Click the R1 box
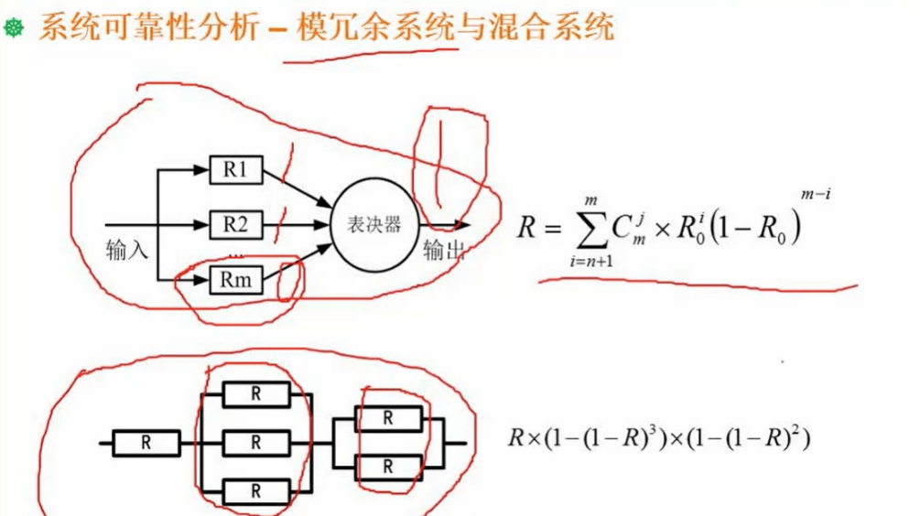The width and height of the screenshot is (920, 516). point(236,169)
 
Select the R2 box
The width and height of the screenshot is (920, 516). point(236,223)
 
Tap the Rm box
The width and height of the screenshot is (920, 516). point(236,280)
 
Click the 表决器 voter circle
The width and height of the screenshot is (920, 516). point(374,224)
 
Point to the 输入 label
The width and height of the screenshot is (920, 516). point(127,249)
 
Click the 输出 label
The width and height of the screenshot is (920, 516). point(443,251)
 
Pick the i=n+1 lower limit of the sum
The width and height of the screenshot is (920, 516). point(590,263)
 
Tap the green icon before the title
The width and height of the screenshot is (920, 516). point(14,30)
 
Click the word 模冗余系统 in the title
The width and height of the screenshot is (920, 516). point(376,28)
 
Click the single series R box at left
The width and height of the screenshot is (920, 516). point(146,443)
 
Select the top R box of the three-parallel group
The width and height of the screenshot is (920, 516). point(256,395)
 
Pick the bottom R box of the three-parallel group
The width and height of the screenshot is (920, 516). point(256,491)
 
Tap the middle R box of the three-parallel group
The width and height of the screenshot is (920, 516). point(256,443)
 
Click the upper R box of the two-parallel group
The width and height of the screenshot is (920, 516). point(388,419)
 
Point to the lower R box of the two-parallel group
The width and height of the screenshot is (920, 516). point(388,467)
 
